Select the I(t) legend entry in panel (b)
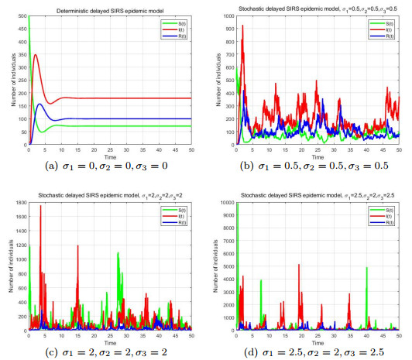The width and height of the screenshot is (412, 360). [384, 26]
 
